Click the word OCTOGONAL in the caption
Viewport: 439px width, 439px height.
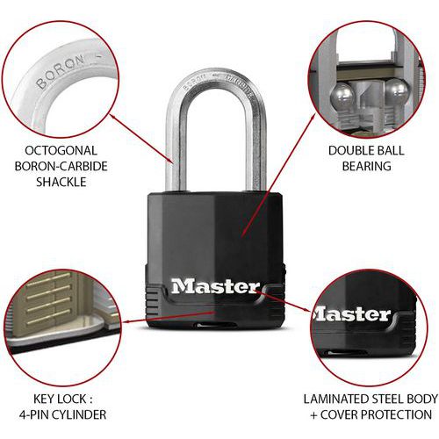pos(61,150)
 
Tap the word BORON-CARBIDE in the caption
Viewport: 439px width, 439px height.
pos(61,166)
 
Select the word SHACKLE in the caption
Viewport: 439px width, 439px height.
pos(61,182)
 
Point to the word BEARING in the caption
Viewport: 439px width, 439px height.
pos(366,166)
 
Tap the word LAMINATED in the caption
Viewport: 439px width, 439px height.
pos(335,399)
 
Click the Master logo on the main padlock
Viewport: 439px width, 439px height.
pos(215,287)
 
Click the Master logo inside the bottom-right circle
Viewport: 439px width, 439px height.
pos(352,314)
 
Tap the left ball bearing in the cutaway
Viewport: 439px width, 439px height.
pos(342,95)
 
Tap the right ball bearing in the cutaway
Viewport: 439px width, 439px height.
pos(396,90)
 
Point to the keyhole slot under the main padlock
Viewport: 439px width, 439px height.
pos(215,325)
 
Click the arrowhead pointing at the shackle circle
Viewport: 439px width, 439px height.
pos(112,116)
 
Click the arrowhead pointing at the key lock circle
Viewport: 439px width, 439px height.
pos(126,322)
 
